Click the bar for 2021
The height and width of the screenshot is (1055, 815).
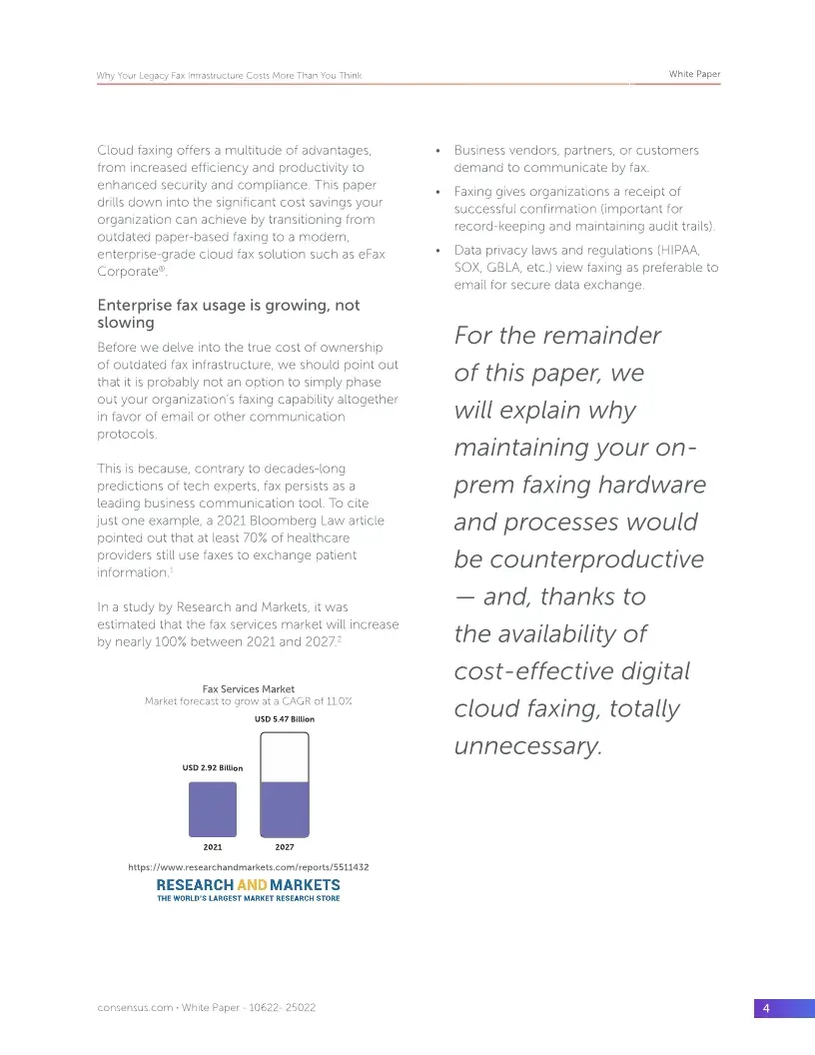(x=213, y=809)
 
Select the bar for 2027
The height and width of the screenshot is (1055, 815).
(x=285, y=785)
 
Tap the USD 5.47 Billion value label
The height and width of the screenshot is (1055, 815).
(x=285, y=719)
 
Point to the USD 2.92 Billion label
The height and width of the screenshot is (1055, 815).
(x=213, y=768)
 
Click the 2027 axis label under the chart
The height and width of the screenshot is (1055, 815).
(x=285, y=847)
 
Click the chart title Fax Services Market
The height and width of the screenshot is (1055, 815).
(x=249, y=689)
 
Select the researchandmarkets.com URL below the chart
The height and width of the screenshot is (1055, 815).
(x=249, y=867)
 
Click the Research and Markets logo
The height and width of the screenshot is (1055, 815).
(x=249, y=888)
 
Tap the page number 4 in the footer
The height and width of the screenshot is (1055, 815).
(x=766, y=1009)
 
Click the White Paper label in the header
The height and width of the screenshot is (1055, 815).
(x=694, y=75)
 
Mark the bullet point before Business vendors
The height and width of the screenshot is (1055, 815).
(x=439, y=151)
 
